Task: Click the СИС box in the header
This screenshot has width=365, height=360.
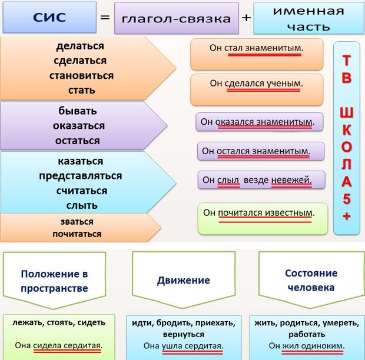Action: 49,16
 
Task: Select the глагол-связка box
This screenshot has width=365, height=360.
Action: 176,18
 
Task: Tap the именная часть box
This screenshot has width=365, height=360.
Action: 300,18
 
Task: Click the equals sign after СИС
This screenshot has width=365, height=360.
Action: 105,17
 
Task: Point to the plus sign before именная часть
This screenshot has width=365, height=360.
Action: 246,18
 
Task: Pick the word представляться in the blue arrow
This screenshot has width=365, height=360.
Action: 81,176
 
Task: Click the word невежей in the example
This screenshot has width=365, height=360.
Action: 290,179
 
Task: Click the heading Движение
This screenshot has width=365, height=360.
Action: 184,281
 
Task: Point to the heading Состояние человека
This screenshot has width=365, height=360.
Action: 311,281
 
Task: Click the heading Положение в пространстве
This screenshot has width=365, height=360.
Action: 54,281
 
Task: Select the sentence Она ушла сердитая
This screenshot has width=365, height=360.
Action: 183,346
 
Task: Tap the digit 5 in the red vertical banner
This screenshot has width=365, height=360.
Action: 346,198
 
